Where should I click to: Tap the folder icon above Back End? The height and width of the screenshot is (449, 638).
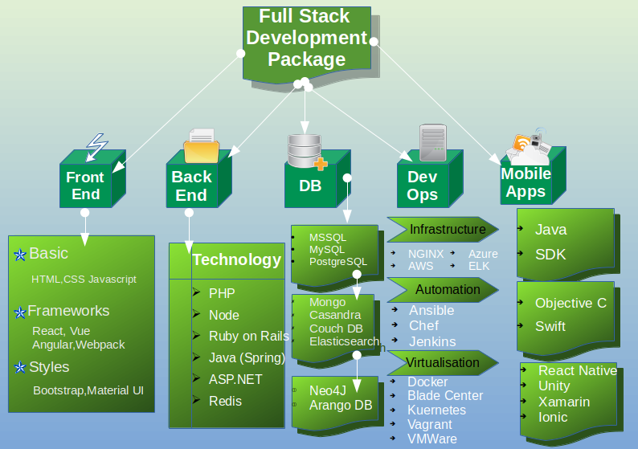(x=201, y=145)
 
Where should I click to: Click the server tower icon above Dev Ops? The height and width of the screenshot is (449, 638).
(x=433, y=142)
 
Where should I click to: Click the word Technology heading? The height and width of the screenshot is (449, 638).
(x=236, y=260)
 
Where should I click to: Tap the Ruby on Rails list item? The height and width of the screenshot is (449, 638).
(x=248, y=337)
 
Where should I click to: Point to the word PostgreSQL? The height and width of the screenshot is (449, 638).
(x=338, y=262)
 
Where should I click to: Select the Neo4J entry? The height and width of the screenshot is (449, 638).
(x=329, y=390)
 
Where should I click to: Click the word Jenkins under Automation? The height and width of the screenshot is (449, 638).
(x=432, y=341)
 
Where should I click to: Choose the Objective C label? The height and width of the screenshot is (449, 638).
(x=570, y=304)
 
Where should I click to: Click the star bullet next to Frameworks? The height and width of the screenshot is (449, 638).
(x=20, y=312)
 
